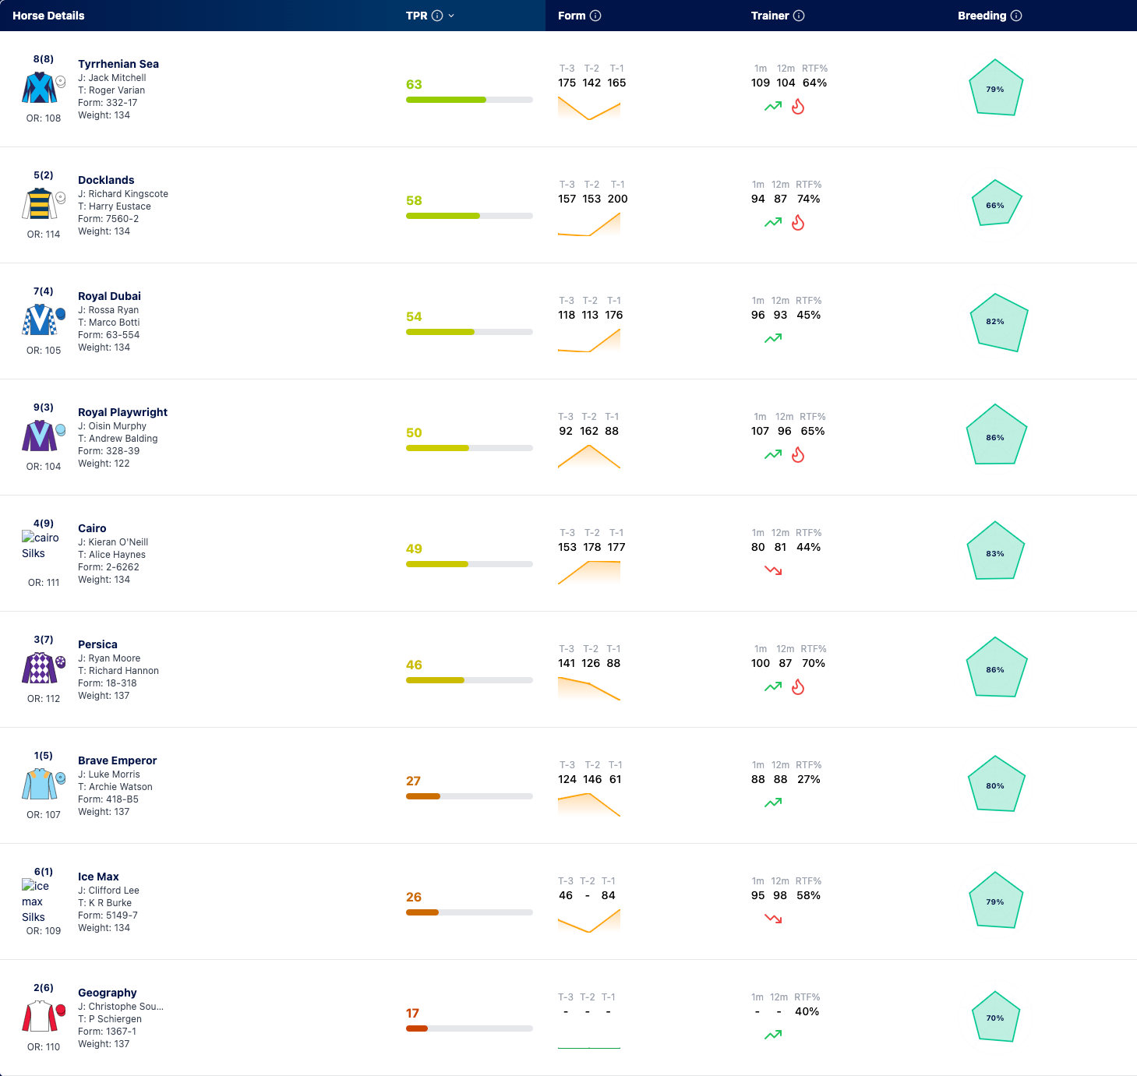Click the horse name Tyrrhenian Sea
[118, 64]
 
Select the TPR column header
[416, 16]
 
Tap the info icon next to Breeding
[1016, 16]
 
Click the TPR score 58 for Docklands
[414, 200]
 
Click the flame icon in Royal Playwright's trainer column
[798, 455]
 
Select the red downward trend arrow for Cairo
[773, 570]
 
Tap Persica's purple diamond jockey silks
[39, 668]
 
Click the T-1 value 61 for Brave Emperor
[616, 779]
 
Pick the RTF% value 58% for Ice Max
[808, 895]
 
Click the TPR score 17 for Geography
[412, 1014]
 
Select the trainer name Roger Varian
[117, 90]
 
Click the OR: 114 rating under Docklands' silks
[44, 235]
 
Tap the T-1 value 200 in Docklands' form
[618, 199]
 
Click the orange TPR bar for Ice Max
[422, 912]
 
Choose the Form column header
[572, 16]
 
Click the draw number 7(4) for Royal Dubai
[44, 291]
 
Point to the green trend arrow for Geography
[773, 1035]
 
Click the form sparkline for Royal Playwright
[588, 456]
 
